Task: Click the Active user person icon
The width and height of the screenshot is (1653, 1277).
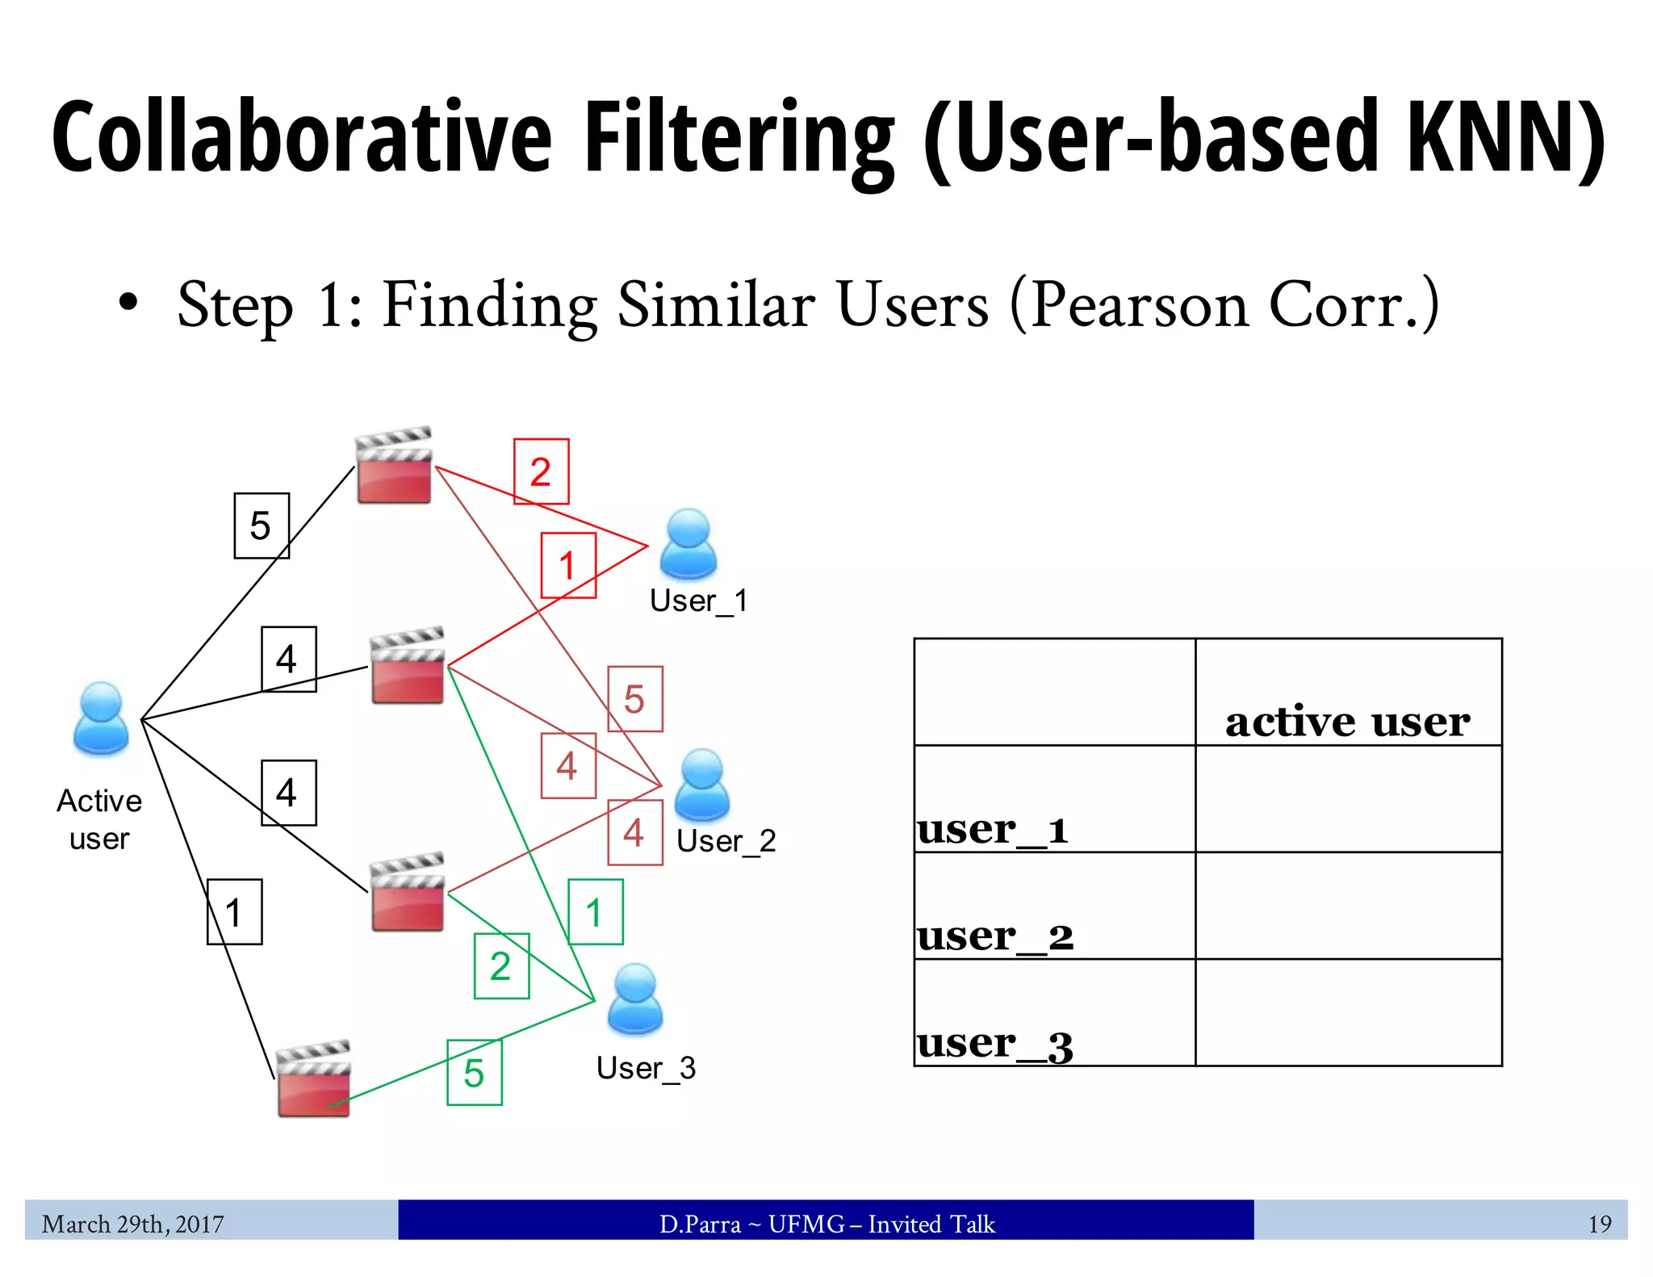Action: click(101, 718)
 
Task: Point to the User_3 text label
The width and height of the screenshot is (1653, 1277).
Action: click(646, 1068)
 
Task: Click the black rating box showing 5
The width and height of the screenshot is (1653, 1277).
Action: click(261, 525)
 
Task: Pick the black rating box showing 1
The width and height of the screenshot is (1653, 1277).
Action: click(234, 912)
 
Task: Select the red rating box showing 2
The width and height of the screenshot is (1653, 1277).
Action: click(541, 471)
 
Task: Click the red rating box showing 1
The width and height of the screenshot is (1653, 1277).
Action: click(568, 565)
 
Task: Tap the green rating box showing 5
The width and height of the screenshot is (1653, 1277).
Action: click(475, 1073)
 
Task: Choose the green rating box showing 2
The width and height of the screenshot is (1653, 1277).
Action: click(501, 966)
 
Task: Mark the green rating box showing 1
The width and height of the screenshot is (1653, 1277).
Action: click(595, 912)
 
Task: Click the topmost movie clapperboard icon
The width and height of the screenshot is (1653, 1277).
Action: click(394, 466)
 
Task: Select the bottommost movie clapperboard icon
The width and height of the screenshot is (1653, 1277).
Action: click(313, 1078)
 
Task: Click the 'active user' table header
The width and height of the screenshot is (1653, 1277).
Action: click(1347, 721)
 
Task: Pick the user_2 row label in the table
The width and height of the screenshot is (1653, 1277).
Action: click(995, 936)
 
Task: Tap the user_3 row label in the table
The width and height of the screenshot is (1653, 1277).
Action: click(995, 1043)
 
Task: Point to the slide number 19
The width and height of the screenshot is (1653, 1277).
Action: click(1599, 1225)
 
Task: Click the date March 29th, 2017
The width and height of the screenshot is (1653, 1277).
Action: click(133, 1225)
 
